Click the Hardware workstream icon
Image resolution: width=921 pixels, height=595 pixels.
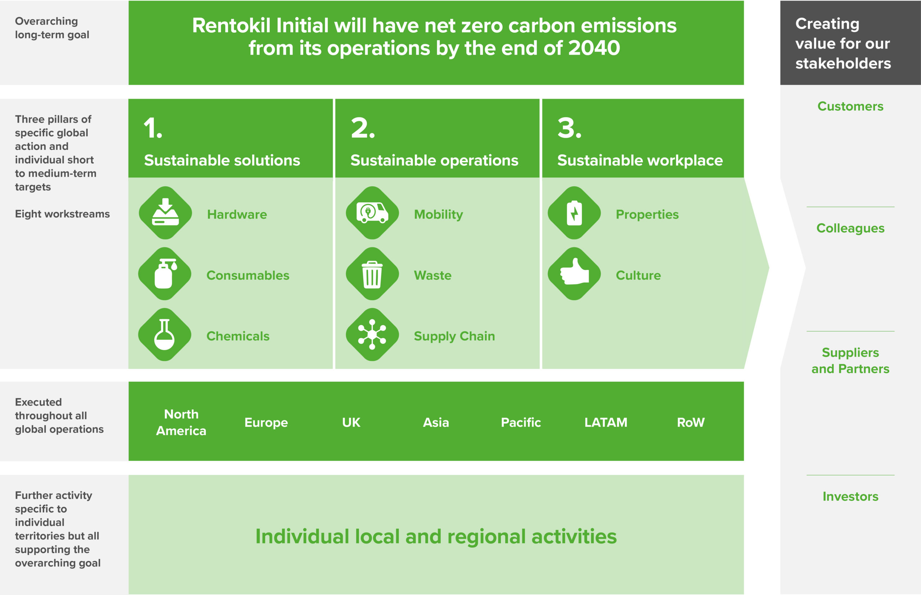(165, 213)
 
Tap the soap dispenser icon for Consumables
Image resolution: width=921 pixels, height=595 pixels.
(165, 274)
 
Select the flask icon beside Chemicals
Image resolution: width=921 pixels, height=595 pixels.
(165, 335)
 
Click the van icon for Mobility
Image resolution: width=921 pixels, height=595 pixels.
(372, 213)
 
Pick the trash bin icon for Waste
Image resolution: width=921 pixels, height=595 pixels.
(372, 274)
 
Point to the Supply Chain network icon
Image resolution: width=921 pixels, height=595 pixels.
(372, 335)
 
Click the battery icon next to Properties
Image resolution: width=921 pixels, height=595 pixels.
(574, 213)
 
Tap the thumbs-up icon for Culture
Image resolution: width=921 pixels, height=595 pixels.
(574, 274)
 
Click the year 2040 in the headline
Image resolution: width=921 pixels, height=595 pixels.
(594, 48)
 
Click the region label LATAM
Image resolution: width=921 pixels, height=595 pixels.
(606, 422)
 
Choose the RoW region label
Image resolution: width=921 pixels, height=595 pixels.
(690, 422)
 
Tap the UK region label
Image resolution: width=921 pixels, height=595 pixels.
(351, 422)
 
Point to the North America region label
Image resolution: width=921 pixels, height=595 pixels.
(181, 422)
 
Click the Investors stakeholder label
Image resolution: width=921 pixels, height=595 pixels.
(850, 496)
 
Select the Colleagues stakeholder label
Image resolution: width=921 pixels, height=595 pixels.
(850, 228)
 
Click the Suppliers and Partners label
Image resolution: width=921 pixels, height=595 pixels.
(850, 361)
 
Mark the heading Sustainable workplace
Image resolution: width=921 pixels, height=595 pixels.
(640, 160)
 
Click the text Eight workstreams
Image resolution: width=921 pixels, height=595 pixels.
(62, 214)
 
